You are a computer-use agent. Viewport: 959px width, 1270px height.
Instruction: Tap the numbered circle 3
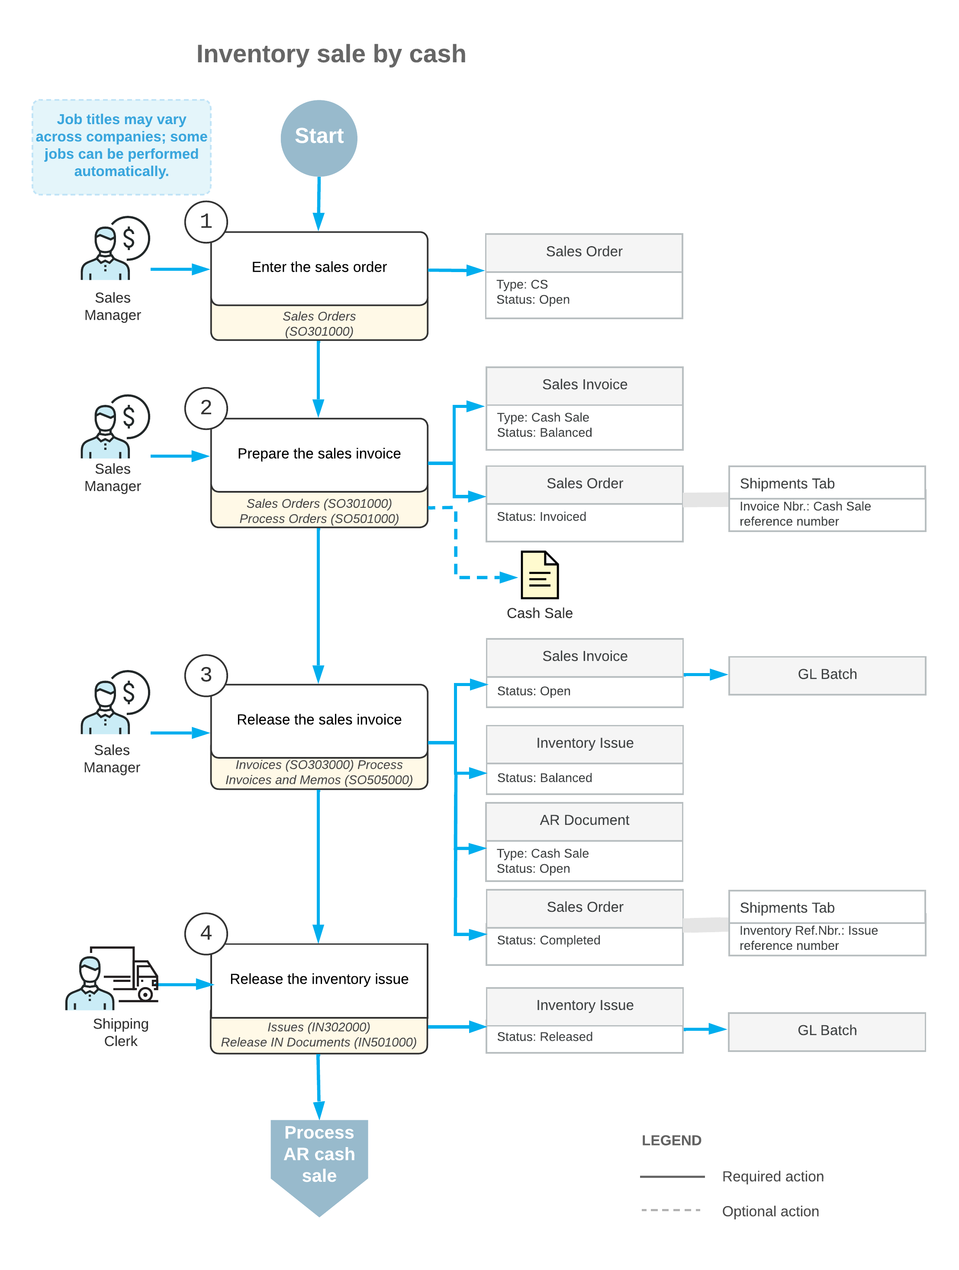(x=206, y=675)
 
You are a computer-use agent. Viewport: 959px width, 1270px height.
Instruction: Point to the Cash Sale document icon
(x=539, y=575)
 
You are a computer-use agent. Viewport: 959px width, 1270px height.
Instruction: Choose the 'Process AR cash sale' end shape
(x=319, y=1167)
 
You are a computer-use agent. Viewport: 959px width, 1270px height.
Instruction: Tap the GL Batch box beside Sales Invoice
(x=827, y=675)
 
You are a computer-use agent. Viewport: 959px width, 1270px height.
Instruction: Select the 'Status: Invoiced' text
(x=541, y=517)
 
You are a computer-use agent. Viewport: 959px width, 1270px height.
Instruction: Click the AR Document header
(x=584, y=821)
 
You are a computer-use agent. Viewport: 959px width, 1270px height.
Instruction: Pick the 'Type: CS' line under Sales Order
(x=522, y=284)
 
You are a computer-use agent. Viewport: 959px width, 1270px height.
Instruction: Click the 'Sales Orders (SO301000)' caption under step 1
(x=319, y=324)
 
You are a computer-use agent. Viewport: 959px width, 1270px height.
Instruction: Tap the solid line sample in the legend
(x=672, y=1177)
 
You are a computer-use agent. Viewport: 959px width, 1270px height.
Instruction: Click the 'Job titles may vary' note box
(x=122, y=147)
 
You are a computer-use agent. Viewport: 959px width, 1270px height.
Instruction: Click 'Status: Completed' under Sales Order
(x=548, y=940)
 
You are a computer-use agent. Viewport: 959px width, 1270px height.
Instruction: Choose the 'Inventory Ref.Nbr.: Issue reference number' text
(x=808, y=938)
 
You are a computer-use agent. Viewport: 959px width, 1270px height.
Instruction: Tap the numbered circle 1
(x=206, y=221)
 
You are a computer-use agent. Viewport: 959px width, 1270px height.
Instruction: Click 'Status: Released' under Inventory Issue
(x=544, y=1037)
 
